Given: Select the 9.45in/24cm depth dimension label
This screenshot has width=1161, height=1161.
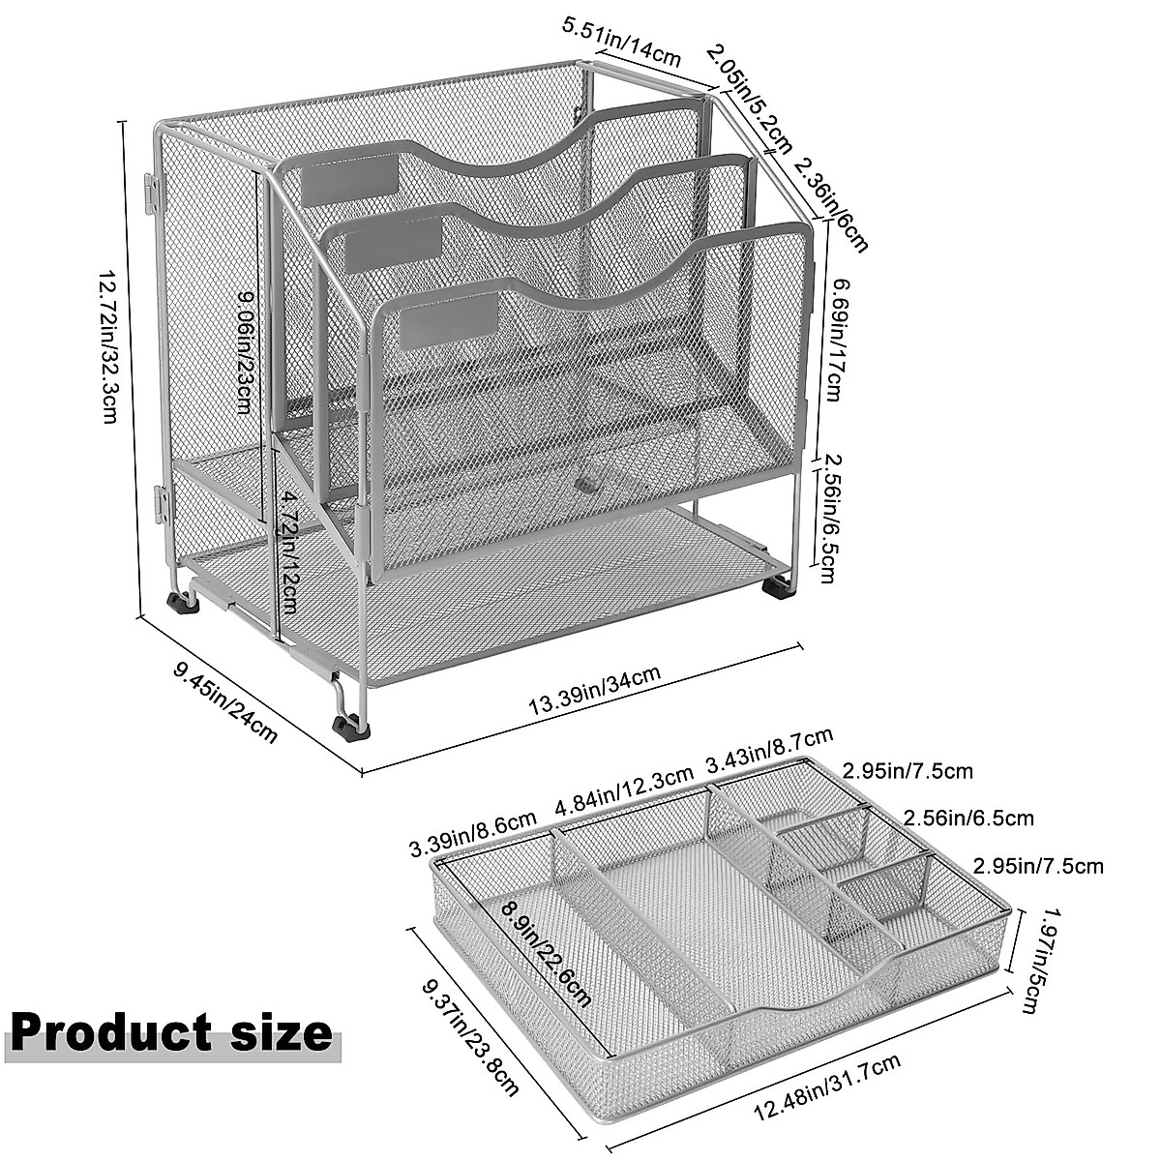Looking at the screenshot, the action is point(225,702).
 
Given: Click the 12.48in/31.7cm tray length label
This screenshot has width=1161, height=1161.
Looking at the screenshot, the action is point(827,1089).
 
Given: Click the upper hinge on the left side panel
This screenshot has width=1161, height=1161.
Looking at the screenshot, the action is point(151,193).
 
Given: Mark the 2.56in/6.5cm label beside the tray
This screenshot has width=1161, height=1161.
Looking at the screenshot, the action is point(968,819).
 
